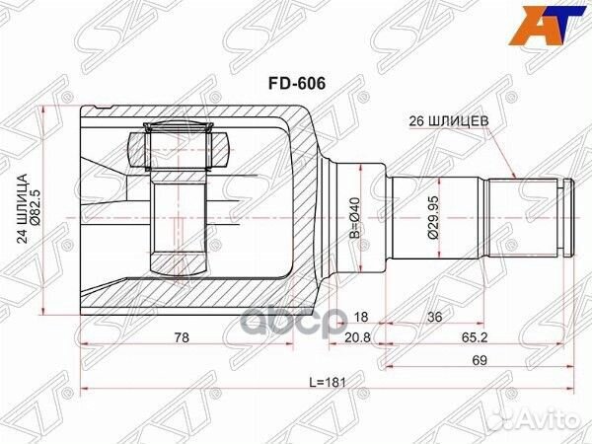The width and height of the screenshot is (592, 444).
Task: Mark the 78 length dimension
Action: pos(181,338)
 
